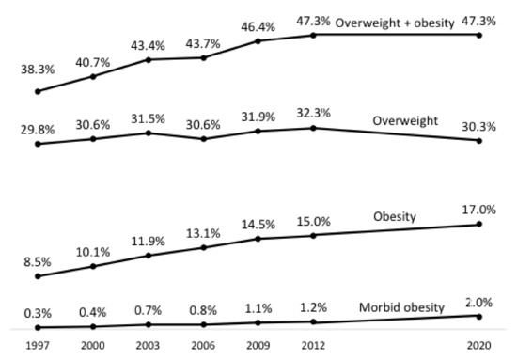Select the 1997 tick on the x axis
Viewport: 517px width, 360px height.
coord(38,345)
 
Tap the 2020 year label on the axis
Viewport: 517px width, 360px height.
coord(480,345)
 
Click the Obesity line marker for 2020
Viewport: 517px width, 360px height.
coord(480,224)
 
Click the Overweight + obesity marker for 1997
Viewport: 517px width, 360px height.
coord(38,91)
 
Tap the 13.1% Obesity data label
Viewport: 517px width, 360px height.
coord(205,230)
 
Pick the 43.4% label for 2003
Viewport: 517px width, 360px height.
coord(149,44)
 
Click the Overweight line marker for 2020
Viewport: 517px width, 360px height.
coord(480,141)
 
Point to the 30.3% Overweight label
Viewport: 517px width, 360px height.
coord(480,123)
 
